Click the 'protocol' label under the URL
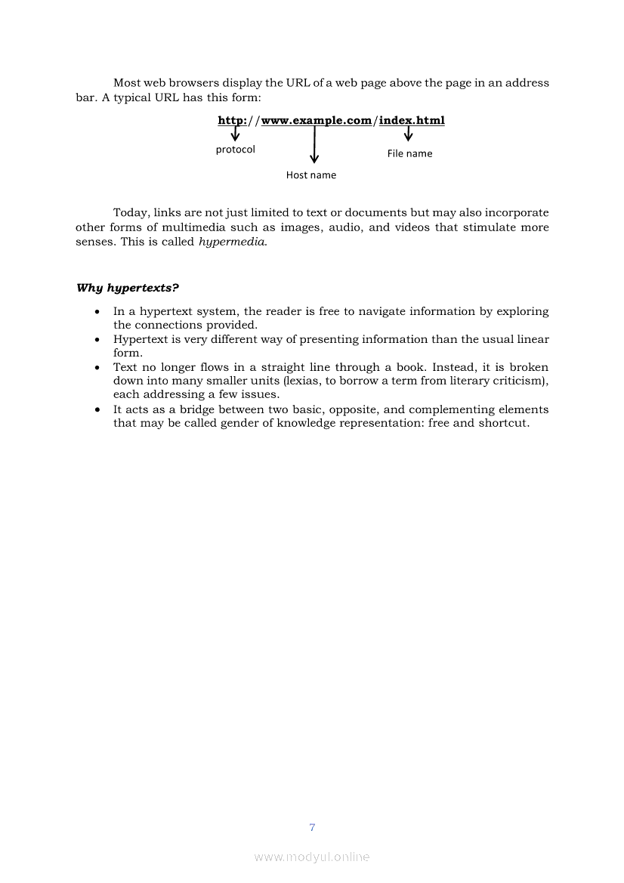235,150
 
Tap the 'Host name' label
310,175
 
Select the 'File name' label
409,153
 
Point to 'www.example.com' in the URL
316,120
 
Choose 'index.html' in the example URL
412,120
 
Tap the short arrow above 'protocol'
235,134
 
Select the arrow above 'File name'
409,134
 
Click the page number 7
312,827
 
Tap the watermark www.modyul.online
312,857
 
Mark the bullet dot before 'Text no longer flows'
97,368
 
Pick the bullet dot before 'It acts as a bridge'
97,410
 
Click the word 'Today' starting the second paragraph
129,212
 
